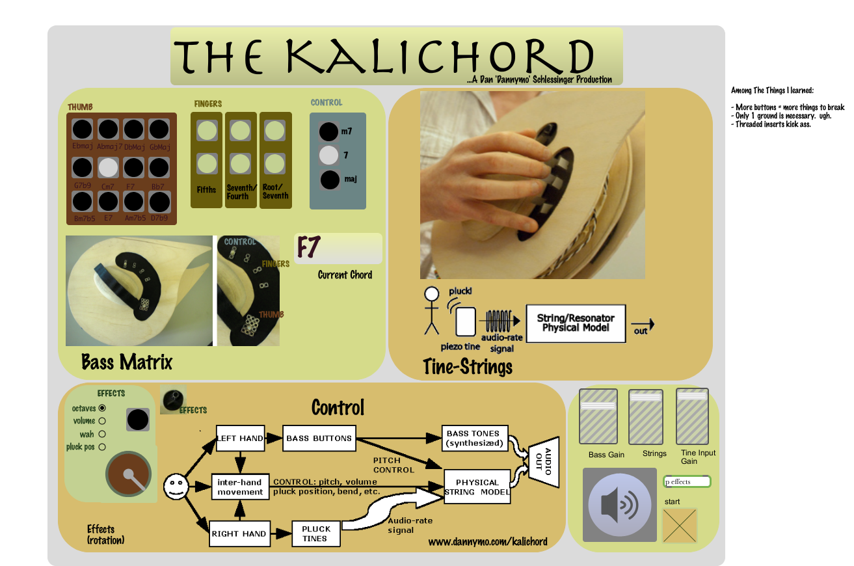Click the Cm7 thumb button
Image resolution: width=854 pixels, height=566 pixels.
click(109, 168)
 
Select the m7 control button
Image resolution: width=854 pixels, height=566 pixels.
click(329, 131)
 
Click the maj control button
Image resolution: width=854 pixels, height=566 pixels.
click(329, 179)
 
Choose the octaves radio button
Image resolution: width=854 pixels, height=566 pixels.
click(102, 409)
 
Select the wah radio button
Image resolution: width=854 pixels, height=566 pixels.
click(102, 434)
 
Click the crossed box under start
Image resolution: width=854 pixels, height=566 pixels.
click(680, 524)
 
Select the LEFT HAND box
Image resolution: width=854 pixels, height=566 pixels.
click(241, 438)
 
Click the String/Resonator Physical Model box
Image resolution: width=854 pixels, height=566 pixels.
click(576, 323)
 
